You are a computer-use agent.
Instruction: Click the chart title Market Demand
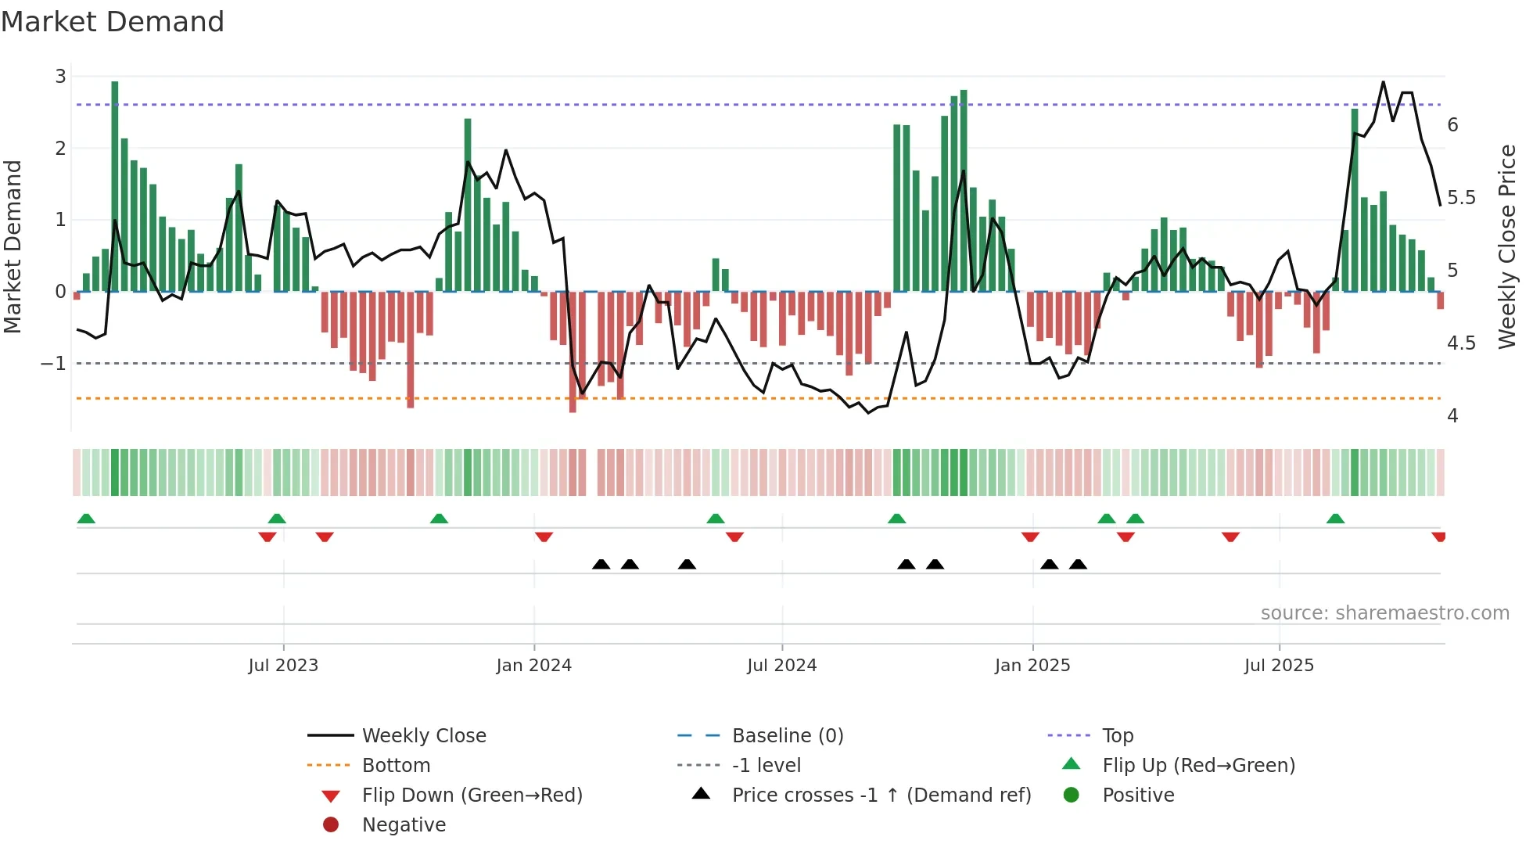click(x=113, y=22)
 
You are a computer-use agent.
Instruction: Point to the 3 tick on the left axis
click(x=60, y=77)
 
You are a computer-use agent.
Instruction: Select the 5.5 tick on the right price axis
click(x=1461, y=198)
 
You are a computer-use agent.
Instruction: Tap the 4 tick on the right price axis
click(x=1452, y=416)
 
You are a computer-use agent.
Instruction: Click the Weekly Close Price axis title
click(x=1506, y=246)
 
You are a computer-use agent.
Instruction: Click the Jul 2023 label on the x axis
click(x=283, y=666)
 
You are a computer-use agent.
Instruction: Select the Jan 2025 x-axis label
click(x=1032, y=666)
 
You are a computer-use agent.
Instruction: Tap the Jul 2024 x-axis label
click(x=781, y=666)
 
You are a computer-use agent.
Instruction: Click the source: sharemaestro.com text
click(x=1384, y=613)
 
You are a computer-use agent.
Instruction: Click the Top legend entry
click(x=1118, y=736)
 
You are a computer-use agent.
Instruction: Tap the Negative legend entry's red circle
click(x=331, y=825)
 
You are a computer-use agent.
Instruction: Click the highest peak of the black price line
click(x=1383, y=82)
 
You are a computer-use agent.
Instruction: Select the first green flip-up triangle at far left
click(x=86, y=519)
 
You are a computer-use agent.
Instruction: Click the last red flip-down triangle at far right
click(x=1438, y=537)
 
